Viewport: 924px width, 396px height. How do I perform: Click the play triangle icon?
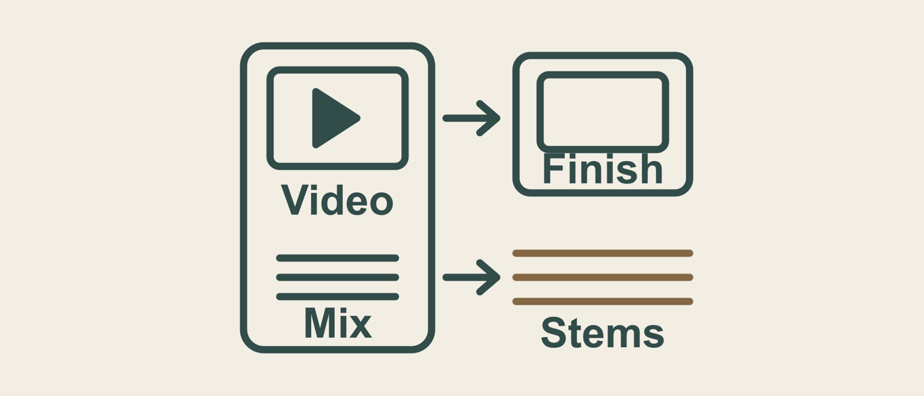334,118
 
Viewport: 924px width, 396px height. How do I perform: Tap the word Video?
337,200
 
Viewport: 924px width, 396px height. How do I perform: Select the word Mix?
338,324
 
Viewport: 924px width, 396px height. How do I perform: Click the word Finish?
603,169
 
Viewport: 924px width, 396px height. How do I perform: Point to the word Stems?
602,333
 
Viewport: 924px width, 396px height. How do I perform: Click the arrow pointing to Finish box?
471,118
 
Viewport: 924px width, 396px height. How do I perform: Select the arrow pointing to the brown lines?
471,277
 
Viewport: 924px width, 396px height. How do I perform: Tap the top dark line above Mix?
338,258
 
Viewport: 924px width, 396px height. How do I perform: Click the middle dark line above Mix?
338,277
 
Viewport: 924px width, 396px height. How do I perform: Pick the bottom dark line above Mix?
338,296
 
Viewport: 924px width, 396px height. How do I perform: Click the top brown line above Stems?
603,253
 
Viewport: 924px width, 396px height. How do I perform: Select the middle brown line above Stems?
603,277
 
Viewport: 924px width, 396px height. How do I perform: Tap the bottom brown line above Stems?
603,301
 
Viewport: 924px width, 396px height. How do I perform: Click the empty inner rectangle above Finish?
603,74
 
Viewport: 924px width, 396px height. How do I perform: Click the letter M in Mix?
319,324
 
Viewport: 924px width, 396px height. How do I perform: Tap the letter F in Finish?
553,169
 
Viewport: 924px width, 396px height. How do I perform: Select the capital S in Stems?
553,333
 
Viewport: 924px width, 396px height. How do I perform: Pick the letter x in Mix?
361,327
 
